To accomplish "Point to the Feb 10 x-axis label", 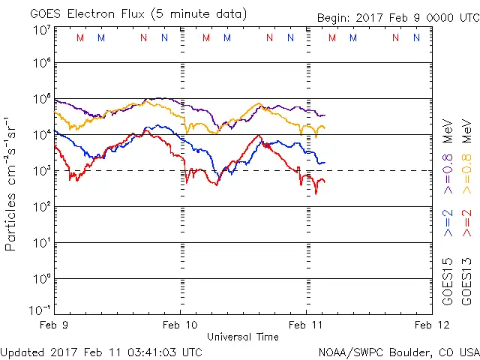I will (180, 325).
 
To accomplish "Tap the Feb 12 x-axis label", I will (430, 325).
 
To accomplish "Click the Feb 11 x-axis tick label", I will (305, 325).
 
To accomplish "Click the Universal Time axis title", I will (242, 337).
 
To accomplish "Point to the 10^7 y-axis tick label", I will (42, 30).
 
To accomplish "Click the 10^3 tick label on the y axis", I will (42, 170).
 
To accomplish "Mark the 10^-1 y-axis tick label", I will (42, 310).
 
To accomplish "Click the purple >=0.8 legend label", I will (448, 163).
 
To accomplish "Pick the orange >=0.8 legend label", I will (469, 163).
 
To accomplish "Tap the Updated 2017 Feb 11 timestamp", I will (101, 351).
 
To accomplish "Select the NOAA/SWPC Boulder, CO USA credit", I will (398, 351).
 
